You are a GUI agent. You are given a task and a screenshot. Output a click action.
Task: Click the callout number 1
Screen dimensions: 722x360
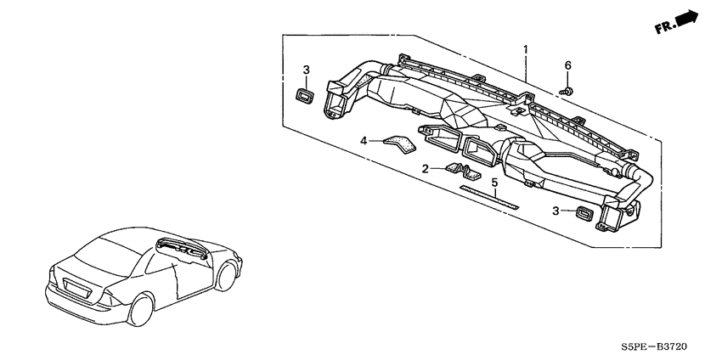pos(526,48)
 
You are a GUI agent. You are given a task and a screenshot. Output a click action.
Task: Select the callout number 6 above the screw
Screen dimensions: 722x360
pos(567,66)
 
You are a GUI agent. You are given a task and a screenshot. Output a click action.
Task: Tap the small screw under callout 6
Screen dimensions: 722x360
pos(567,92)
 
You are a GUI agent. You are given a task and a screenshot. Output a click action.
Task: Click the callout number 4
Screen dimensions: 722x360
pos(364,141)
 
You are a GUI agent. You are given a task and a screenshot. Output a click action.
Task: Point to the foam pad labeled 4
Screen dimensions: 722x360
pos(400,143)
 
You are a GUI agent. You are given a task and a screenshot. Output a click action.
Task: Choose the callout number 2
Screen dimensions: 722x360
pos(426,169)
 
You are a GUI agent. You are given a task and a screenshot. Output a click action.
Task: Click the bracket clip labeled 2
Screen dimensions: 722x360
pos(463,171)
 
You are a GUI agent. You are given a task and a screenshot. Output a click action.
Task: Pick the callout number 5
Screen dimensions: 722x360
pos(494,183)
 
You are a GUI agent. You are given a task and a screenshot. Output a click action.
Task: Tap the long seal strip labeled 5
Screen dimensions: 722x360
pos(489,197)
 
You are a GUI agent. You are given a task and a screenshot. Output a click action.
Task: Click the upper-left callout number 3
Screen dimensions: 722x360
pos(306,70)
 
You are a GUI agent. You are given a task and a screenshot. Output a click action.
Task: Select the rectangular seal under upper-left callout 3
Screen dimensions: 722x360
pos(304,96)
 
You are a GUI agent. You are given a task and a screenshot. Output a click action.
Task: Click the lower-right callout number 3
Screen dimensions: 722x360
pos(556,211)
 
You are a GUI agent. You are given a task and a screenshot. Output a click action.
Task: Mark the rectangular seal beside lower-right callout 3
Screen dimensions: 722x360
pos(584,214)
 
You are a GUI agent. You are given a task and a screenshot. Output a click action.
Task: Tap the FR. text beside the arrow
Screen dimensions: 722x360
pos(665,28)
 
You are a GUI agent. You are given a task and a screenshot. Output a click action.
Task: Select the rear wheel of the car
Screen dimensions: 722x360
pos(140,309)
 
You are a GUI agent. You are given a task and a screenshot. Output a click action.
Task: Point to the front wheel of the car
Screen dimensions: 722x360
pos(226,275)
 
